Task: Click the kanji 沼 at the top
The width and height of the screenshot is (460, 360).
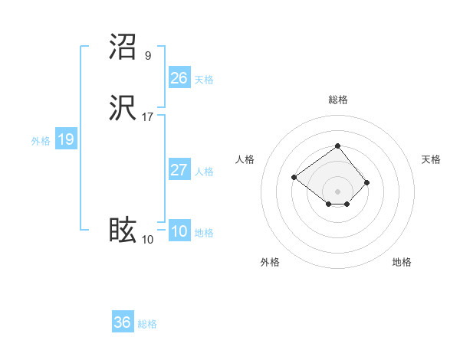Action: (123, 47)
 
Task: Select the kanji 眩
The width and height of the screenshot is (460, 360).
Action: (123, 231)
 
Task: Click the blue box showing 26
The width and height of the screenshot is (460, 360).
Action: (179, 78)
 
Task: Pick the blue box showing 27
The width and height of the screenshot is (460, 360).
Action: (179, 170)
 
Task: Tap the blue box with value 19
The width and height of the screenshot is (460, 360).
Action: (65, 139)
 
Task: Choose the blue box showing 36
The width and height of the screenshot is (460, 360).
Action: (122, 322)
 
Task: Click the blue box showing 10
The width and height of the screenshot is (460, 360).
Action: (179, 231)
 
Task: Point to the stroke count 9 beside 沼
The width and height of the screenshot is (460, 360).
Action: (148, 55)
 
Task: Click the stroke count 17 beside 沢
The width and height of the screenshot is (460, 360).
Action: (148, 118)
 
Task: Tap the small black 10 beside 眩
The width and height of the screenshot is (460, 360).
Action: (148, 240)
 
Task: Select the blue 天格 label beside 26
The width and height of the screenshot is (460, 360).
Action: (204, 80)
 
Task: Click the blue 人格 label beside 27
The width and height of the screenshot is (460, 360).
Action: (204, 172)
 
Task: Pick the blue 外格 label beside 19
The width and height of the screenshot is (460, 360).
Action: (41, 141)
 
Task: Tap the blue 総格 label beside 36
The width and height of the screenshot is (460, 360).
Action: (147, 324)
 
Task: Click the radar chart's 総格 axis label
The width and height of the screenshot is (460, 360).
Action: (337, 100)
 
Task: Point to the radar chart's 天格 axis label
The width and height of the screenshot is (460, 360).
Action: (431, 159)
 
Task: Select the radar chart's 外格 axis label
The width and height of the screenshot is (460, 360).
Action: (270, 262)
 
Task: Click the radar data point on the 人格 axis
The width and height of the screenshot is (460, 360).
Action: (294, 178)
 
